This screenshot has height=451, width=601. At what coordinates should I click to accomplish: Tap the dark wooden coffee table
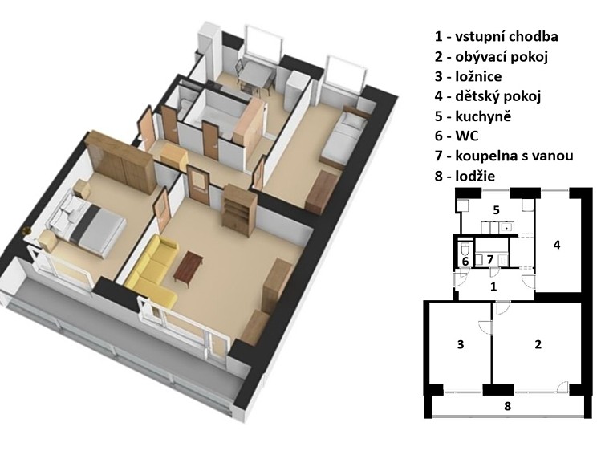(x=189, y=267)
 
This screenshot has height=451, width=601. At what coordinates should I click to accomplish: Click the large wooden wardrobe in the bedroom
(x=120, y=161)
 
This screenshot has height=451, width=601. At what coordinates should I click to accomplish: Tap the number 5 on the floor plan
(x=496, y=210)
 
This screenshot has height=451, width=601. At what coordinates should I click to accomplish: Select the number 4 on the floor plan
(x=557, y=245)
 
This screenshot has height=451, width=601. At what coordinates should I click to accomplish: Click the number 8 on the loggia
(x=507, y=406)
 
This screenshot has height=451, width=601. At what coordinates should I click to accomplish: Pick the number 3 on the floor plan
(x=461, y=344)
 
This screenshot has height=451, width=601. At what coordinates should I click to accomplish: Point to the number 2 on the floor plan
(x=538, y=344)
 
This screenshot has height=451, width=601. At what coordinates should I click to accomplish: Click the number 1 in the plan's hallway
(x=493, y=286)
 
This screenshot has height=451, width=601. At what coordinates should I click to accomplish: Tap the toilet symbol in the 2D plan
(x=465, y=249)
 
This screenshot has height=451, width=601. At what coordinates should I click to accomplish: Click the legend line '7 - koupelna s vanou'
(x=504, y=156)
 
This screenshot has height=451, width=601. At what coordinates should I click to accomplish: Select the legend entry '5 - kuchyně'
(x=473, y=116)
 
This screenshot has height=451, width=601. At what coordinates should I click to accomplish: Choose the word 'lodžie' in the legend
(x=475, y=176)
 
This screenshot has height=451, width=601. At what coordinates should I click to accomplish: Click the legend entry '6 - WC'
(x=456, y=136)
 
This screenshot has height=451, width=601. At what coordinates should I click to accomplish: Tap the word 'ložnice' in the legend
(x=478, y=76)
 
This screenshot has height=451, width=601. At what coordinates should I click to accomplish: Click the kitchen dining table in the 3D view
(x=255, y=73)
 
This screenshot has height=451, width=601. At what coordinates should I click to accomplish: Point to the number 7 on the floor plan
(x=489, y=259)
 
